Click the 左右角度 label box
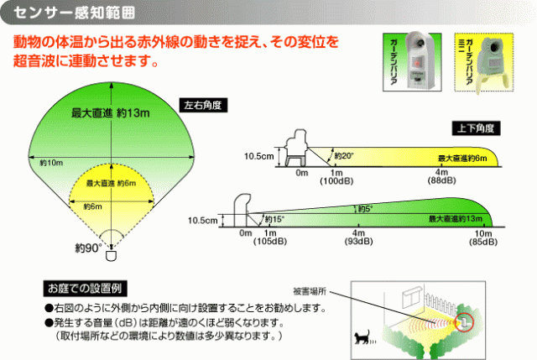(x=206, y=106)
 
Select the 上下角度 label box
(x=474, y=128)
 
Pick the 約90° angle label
(x=87, y=248)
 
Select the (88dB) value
(x=442, y=182)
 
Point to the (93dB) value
(x=358, y=242)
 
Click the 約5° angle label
(x=364, y=208)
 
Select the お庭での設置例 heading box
(x=86, y=285)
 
